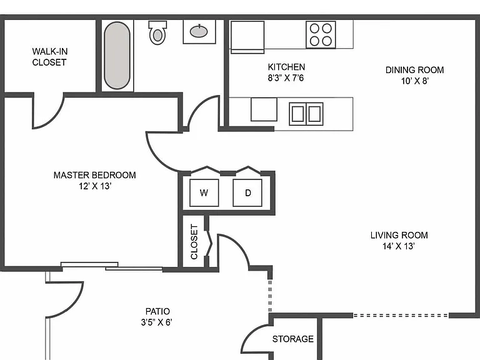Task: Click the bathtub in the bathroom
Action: click(x=117, y=56)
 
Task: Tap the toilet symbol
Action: click(x=157, y=32)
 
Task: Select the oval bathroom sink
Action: click(x=199, y=31)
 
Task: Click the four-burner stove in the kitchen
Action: click(x=321, y=34)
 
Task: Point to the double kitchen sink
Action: click(x=306, y=114)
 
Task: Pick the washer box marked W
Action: click(x=204, y=193)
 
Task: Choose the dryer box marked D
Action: click(x=247, y=193)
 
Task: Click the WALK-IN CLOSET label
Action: click(x=49, y=57)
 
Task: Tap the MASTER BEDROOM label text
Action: click(x=94, y=175)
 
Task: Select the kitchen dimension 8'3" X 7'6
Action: click(x=286, y=78)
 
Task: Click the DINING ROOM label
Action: click(x=414, y=70)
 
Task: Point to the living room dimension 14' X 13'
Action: click(x=399, y=246)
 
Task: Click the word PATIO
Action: click(x=157, y=311)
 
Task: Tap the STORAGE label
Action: click(x=293, y=339)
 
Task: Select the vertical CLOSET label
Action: click(x=194, y=242)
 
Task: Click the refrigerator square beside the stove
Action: click(x=247, y=37)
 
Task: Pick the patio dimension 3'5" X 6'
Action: click(x=156, y=322)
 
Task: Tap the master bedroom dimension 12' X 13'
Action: click(x=94, y=186)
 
